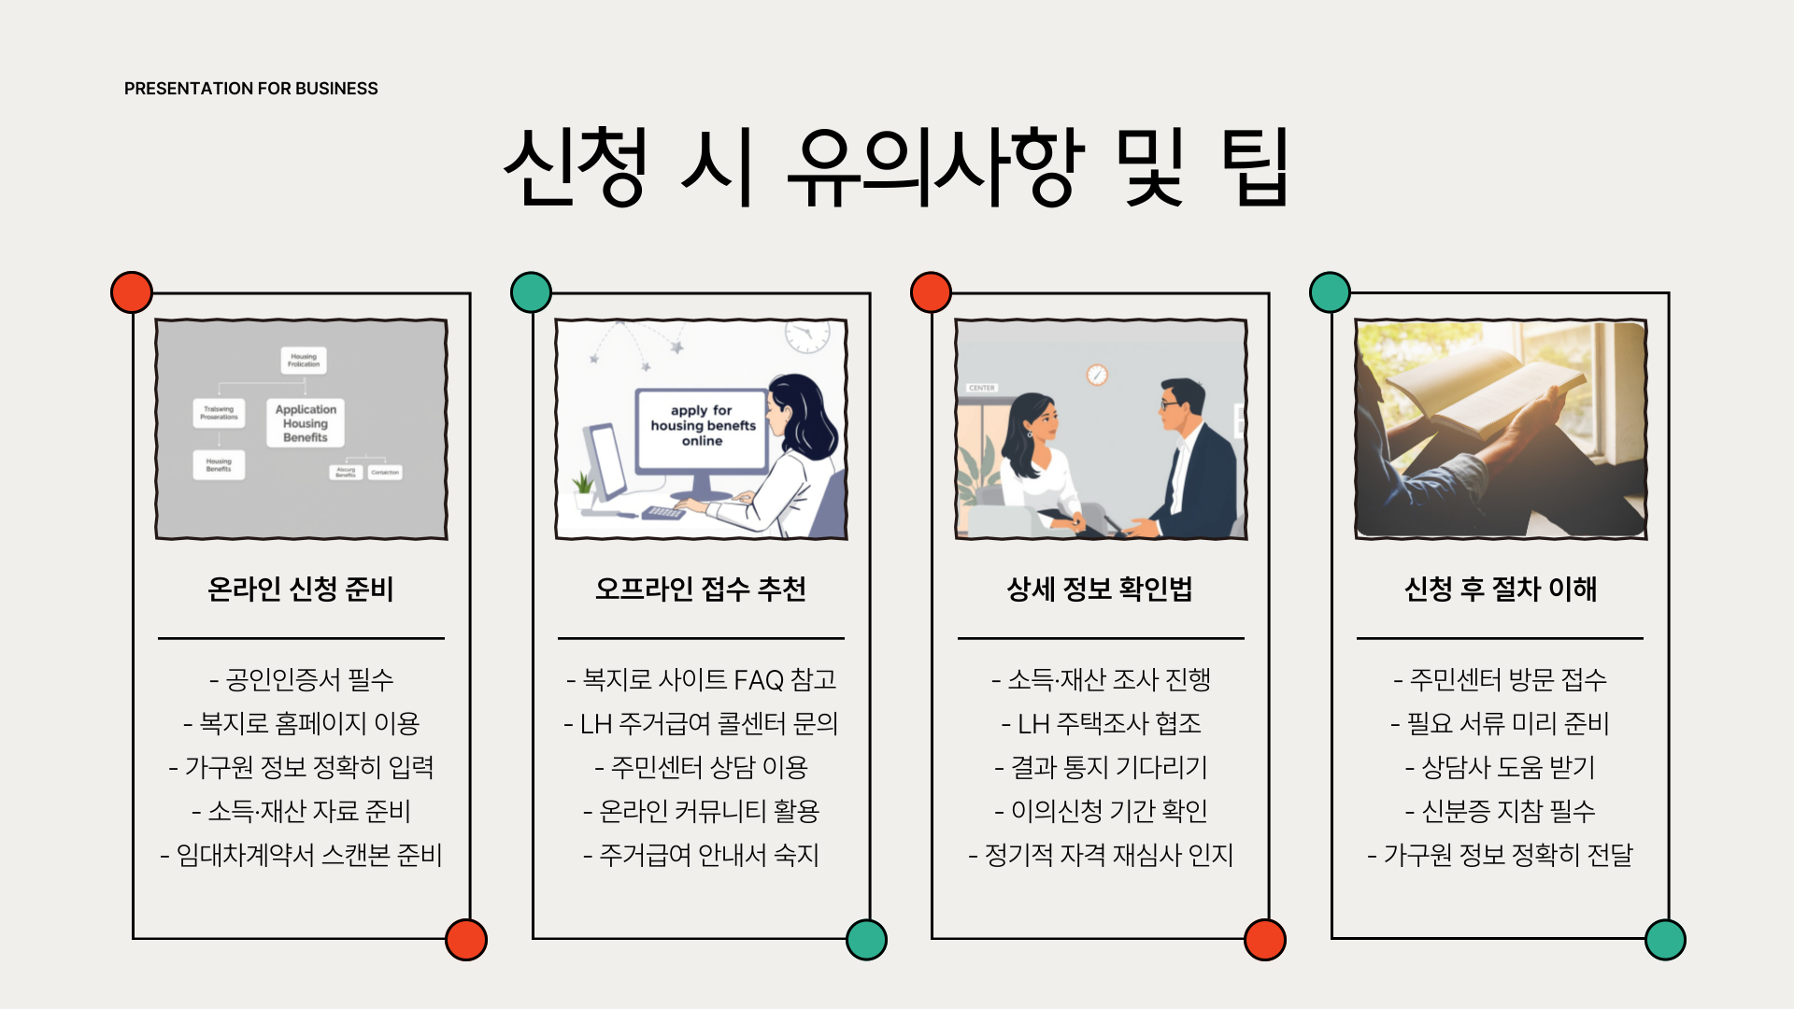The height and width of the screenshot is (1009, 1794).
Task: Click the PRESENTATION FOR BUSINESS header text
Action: [250, 89]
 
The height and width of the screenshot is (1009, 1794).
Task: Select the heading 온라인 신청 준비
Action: [301, 589]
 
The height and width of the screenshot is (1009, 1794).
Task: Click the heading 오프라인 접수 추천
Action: [701, 589]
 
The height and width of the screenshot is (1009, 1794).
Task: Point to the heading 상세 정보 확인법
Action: [1100, 589]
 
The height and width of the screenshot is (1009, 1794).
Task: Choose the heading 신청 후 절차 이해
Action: [1501, 589]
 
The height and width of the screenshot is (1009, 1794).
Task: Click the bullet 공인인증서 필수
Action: [301, 679]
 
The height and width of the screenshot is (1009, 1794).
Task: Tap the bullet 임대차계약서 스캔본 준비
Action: [301, 855]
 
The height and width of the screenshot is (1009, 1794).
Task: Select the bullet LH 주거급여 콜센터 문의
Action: [701, 723]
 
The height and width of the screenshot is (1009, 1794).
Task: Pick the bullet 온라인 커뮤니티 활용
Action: [701, 811]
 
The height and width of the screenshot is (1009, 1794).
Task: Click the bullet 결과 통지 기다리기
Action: [1101, 767]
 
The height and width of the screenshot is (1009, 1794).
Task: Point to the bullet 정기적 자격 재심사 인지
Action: [1101, 855]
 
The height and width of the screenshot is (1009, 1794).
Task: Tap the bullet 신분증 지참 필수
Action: [1501, 811]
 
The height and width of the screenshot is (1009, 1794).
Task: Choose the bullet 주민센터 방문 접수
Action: [1501, 679]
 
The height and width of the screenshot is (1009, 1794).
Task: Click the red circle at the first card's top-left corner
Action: [132, 292]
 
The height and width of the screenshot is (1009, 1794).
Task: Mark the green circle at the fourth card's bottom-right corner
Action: [1665, 940]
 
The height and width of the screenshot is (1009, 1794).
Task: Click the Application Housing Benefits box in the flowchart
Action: [306, 423]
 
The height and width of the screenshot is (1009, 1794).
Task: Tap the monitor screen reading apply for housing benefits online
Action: [703, 426]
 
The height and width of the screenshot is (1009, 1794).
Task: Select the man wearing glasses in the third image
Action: [1191, 448]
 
